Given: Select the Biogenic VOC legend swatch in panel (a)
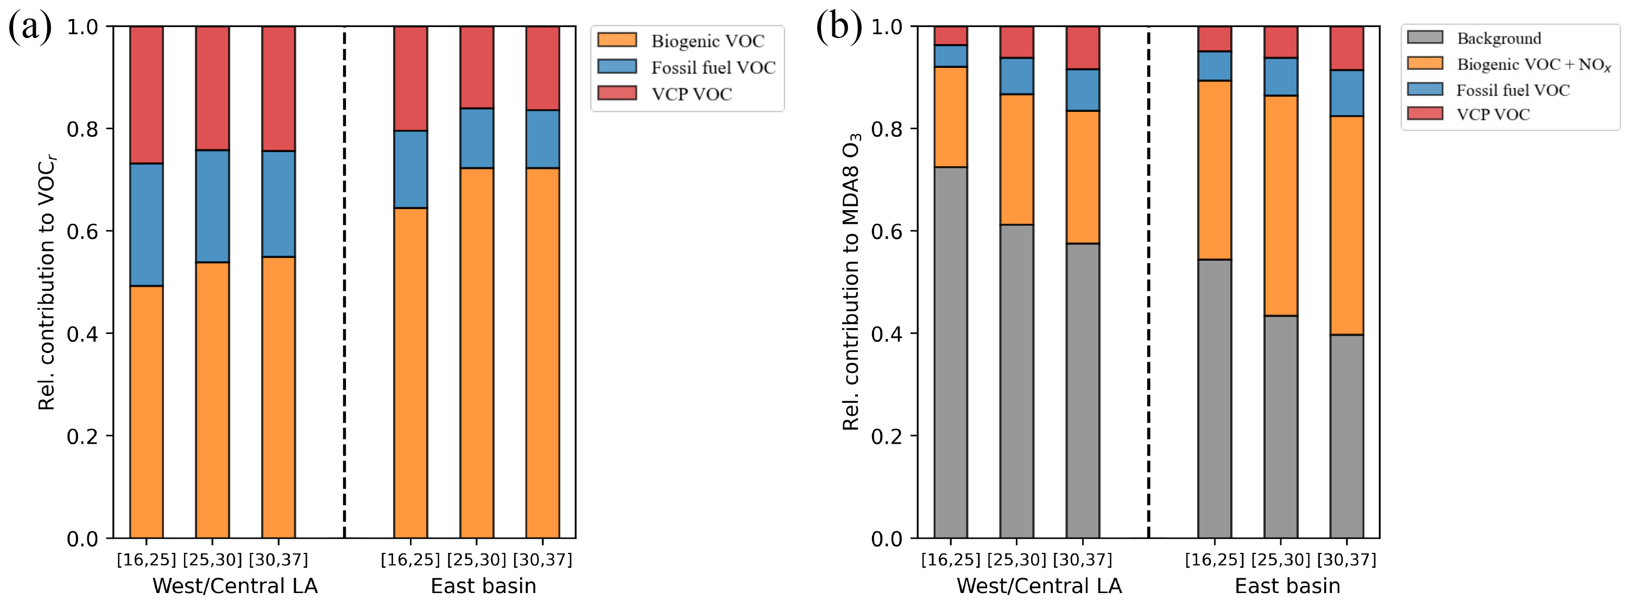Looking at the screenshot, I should point(617,40).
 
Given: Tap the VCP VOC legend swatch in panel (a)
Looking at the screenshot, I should point(617,93).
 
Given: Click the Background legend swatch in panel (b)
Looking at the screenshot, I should point(1425,37).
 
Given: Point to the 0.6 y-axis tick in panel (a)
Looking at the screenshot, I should point(83,231).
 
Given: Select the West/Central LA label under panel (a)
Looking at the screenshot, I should point(235,586).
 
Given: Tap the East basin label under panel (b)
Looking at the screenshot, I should point(1287,586).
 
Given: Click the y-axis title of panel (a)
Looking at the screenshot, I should point(47,282).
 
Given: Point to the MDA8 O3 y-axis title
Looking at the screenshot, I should point(851,282).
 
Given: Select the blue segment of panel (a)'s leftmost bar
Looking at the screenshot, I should point(146,224).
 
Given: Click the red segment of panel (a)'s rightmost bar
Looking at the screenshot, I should point(542,68).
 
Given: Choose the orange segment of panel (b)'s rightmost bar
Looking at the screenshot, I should point(1346,225).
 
